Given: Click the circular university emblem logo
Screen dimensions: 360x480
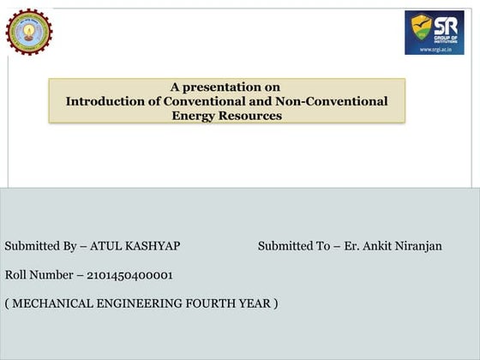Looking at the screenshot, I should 28,32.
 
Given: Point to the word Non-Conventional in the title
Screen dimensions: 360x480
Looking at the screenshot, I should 336,101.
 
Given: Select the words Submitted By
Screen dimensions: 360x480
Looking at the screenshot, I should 41,246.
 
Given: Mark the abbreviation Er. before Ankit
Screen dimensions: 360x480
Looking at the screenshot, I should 351,246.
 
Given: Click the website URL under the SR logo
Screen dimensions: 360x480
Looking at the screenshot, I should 435,49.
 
